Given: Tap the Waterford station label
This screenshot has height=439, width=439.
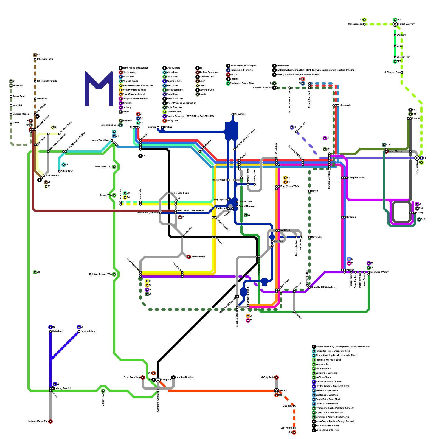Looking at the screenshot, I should pyautogui.click(x=57, y=331).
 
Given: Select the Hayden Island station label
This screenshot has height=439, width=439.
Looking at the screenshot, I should pyautogui.click(x=88, y=331).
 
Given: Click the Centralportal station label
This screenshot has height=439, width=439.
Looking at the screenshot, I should pyautogui.click(x=198, y=257).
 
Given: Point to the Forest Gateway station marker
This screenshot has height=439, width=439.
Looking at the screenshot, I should pyautogui.click(x=395, y=24).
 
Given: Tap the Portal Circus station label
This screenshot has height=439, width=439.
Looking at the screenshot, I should pyautogui.click(x=395, y=151).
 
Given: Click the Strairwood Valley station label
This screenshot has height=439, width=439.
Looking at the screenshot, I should pyautogui.click(x=379, y=272).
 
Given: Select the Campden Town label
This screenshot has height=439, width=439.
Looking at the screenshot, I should pyautogui.click(x=356, y=178).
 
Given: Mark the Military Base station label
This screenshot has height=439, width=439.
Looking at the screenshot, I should pyautogui.click(x=219, y=180).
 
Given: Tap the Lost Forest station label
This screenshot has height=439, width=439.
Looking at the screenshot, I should pyautogui.click(x=286, y=428).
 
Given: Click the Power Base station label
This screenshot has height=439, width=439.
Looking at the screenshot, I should pyautogui.click(x=19, y=96).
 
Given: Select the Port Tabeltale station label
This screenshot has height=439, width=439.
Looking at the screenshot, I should pyautogui.click(x=53, y=175).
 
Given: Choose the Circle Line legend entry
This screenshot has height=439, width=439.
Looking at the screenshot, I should pyautogui.click(x=172, y=77).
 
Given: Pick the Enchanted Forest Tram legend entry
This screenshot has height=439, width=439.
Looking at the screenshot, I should pyautogui.click(x=242, y=83).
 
